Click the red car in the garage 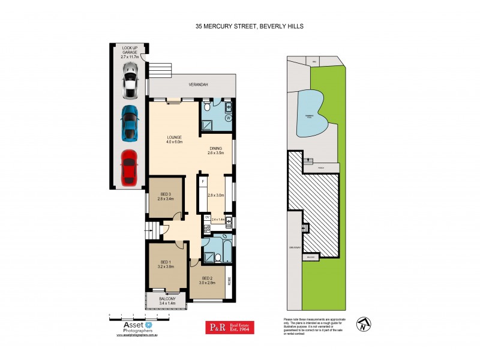(x=130, y=167)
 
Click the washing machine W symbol (x=228, y=118)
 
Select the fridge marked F (x=203, y=181)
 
